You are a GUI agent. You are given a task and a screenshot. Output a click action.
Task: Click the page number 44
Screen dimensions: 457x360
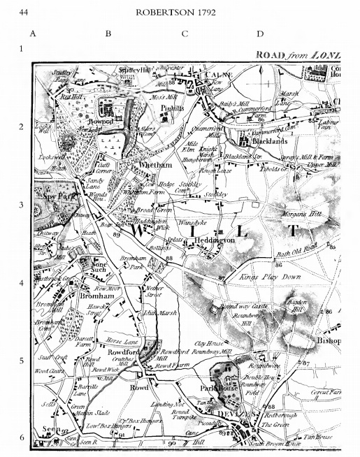24,12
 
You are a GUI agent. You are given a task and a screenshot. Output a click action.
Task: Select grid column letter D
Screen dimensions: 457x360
259,33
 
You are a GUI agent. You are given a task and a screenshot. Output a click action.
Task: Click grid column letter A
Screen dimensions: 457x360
33,33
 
